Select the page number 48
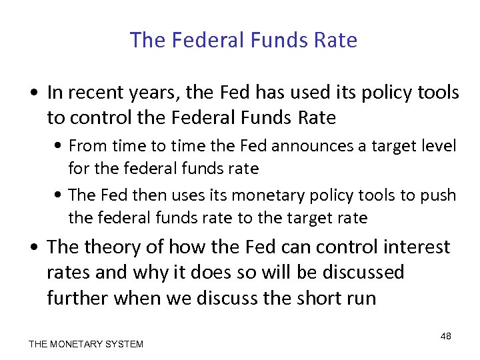[446, 336]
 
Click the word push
[439, 195]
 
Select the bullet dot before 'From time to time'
[59, 146]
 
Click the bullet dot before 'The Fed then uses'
[59, 195]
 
